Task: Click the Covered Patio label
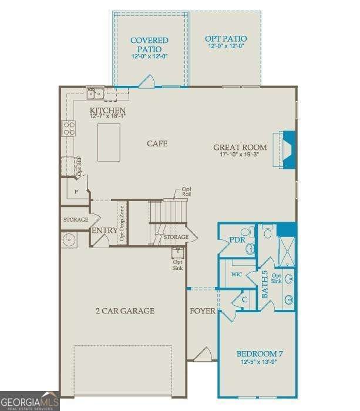point(149,45)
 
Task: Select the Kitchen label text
point(107,111)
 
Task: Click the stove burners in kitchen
point(69,128)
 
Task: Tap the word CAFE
point(157,143)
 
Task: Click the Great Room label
point(240,148)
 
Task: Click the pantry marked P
point(76,192)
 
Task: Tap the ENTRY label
point(104,230)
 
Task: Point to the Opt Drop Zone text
point(122,223)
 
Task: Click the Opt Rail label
point(186,191)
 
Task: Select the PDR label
point(237,239)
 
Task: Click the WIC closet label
point(237,275)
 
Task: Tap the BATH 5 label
point(264,283)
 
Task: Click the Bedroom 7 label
point(260,353)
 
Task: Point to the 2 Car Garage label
point(125,310)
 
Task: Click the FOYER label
point(203,310)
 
